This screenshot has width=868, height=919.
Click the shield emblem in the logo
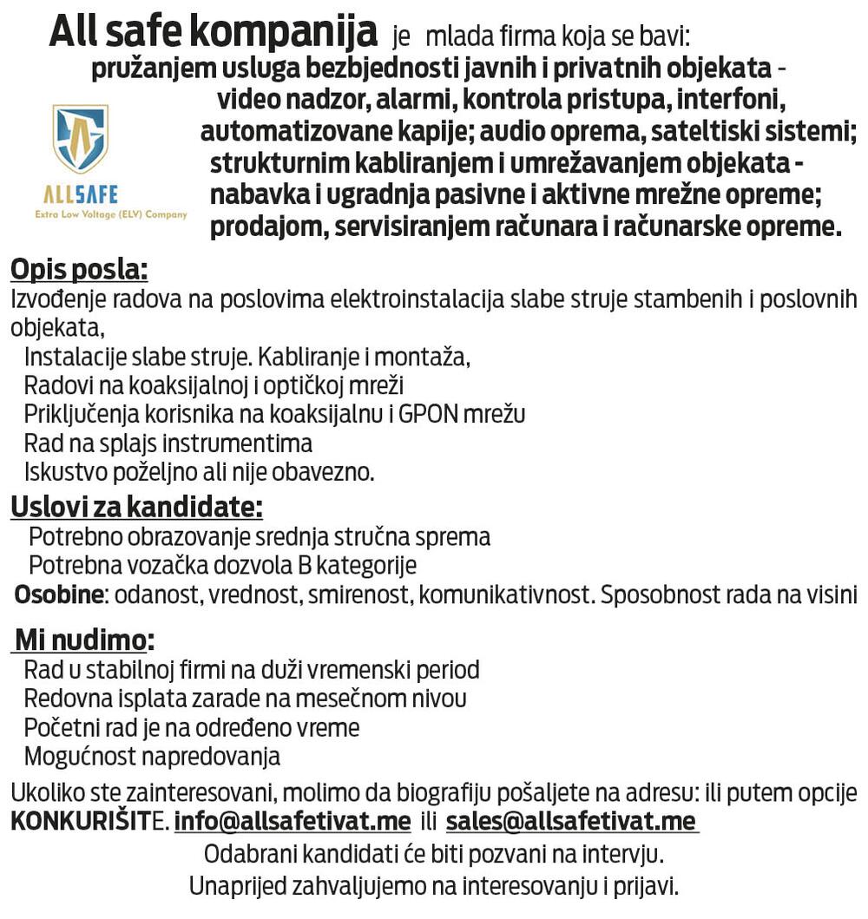(81, 138)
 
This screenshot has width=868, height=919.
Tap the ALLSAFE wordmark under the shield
(81, 194)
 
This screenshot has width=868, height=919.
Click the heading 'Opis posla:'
(79, 270)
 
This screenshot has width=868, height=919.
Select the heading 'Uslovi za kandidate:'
(136, 506)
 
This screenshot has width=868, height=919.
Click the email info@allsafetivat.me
(293, 821)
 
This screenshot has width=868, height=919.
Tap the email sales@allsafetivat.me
(571, 821)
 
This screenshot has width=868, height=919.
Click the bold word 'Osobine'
(59, 595)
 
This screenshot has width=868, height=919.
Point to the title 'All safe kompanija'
(213, 33)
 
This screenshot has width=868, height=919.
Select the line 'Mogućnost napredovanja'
(152, 756)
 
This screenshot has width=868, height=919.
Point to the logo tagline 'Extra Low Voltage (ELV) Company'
(110, 214)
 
